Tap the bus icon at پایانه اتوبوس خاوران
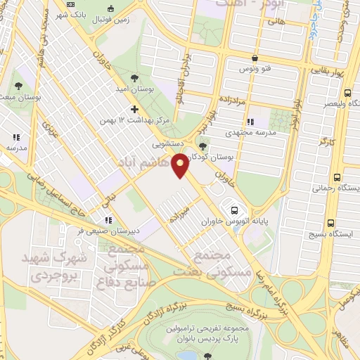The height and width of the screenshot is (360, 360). [233, 210]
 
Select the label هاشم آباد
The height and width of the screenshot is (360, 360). [147, 164]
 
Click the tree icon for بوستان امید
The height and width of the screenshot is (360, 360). [134, 77]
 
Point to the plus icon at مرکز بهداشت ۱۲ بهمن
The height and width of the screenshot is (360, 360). [134, 110]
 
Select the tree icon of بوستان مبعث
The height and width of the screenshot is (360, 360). [16, 86]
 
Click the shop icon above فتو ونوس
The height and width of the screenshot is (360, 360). [254, 59]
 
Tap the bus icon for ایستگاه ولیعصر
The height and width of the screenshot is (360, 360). [347, 92]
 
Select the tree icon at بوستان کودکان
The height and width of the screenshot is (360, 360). [203, 146]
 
